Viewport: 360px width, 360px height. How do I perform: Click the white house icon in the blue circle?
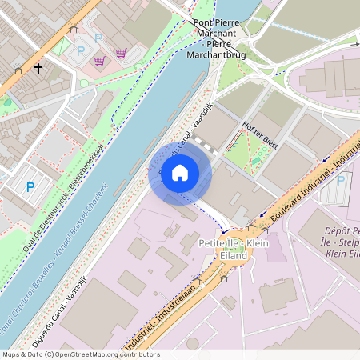[179, 172]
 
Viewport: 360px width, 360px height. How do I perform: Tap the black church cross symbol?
[38, 70]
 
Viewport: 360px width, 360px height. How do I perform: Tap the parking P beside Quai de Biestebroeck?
[30, 187]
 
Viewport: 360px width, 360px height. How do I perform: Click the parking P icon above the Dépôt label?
[339, 179]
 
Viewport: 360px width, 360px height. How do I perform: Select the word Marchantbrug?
[214, 57]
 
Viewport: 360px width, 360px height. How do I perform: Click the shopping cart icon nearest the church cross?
[99, 61]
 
